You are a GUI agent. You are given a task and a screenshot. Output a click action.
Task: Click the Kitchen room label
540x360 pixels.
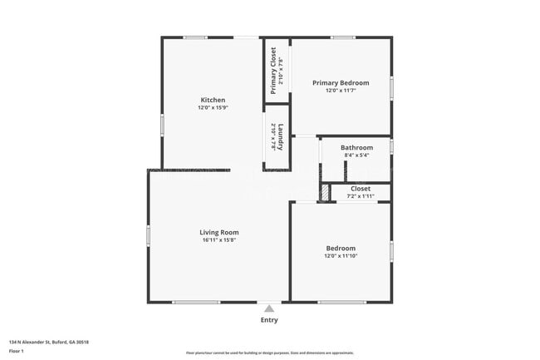click(x=213, y=100)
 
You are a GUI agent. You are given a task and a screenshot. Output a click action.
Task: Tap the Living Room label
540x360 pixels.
click(x=219, y=232)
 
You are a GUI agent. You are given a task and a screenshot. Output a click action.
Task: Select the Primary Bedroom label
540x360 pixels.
click(x=341, y=83)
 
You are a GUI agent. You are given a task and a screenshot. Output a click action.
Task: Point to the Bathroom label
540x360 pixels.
click(x=356, y=147)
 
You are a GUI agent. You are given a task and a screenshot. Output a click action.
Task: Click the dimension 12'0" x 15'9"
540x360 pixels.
click(x=213, y=108)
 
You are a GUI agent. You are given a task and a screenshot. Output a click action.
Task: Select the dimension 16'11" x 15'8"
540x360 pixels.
click(x=219, y=240)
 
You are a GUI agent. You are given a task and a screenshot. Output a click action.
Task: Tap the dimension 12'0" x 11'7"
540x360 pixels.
click(x=341, y=91)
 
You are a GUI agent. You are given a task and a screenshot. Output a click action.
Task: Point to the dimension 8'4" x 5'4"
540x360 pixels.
click(x=356, y=155)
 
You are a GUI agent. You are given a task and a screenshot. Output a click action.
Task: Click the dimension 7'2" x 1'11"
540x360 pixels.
click(x=361, y=196)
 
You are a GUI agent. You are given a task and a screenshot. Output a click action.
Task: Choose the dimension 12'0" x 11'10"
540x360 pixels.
click(x=341, y=256)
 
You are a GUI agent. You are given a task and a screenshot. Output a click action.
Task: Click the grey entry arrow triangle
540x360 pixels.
click(x=268, y=308)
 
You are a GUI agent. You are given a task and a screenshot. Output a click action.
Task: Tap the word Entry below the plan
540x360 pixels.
click(x=269, y=320)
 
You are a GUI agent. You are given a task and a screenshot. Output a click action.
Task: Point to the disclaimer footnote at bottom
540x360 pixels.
click(x=269, y=353)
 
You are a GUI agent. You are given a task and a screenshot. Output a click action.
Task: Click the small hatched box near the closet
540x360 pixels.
click(x=325, y=192)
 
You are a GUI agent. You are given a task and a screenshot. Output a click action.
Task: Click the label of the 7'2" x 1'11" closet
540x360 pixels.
click(x=361, y=189)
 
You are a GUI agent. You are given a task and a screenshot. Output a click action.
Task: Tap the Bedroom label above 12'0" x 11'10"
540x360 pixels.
click(x=341, y=248)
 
